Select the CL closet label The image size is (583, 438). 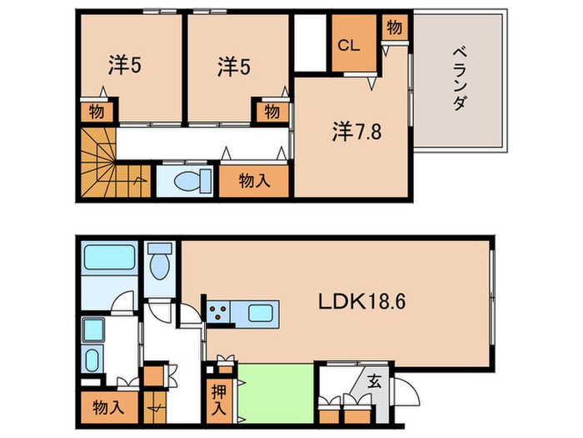point(348,48)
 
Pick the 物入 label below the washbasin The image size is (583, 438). point(109,408)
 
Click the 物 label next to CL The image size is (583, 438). point(394,28)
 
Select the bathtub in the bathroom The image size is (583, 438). point(109,257)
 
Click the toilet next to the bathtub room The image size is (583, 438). point(161,262)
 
